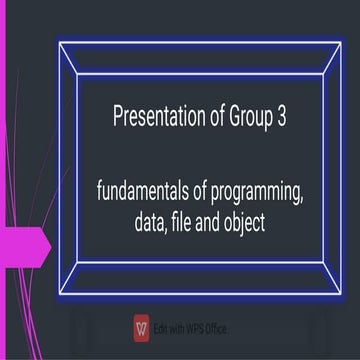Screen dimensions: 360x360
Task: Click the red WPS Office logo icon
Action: point(141,328)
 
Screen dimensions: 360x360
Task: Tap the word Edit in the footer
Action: point(160,328)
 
